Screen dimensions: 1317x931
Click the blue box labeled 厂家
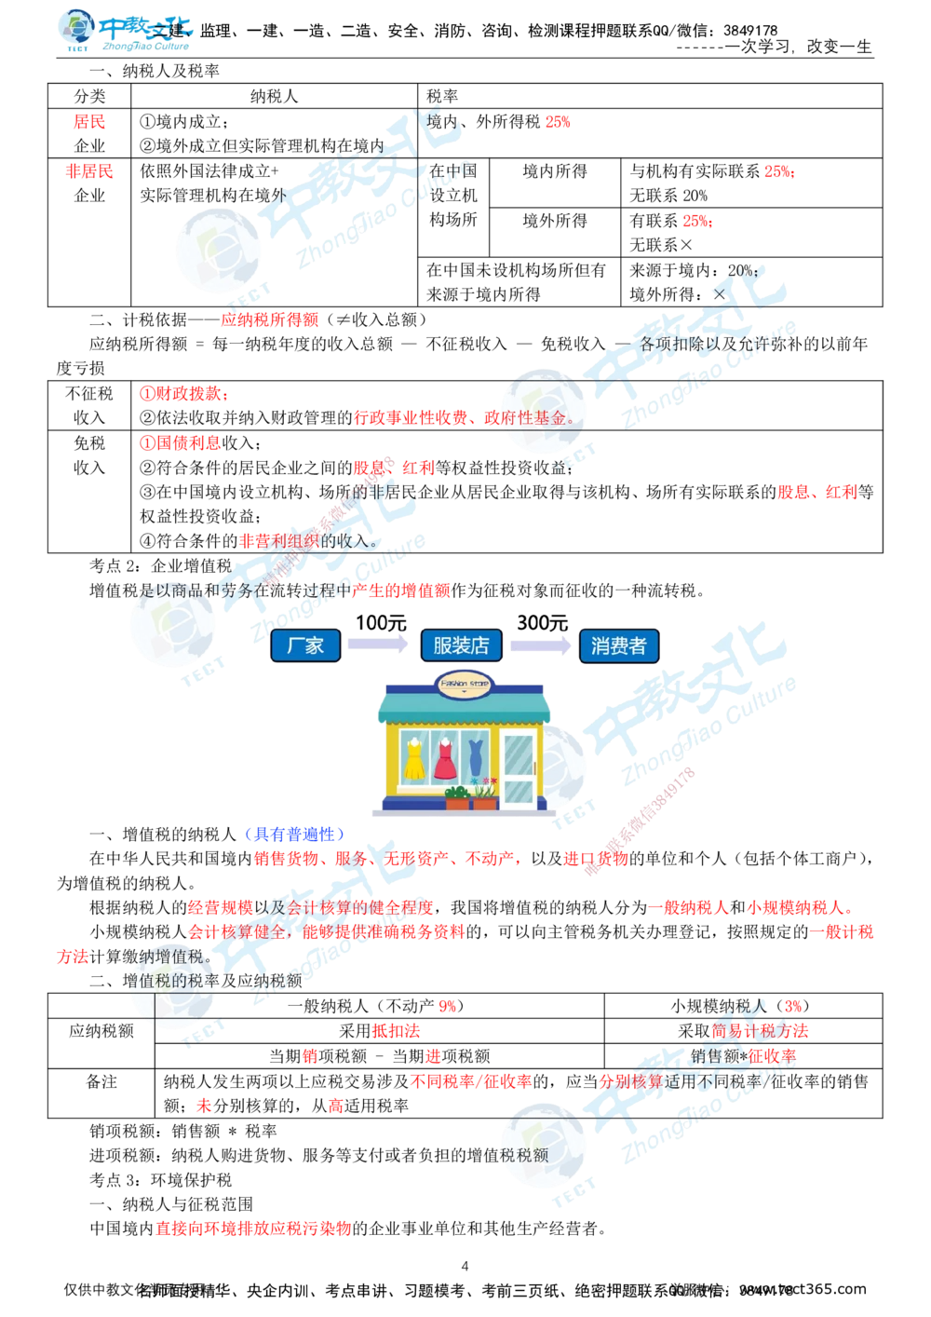coord(304,645)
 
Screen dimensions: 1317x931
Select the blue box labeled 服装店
coord(461,645)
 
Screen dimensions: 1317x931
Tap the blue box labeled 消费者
coord(618,645)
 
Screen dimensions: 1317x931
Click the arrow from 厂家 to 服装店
coord(376,645)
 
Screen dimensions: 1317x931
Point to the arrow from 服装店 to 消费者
coord(539,645)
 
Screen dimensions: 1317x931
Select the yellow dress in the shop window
coord(414,757)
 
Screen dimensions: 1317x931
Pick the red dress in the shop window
coord(446,757)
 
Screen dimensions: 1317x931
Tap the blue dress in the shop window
coord(476,755)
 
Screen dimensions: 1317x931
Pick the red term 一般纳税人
coord(688,906)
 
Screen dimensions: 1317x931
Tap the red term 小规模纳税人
coord(800,906)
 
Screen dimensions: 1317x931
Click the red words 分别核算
coord(630,1081)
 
